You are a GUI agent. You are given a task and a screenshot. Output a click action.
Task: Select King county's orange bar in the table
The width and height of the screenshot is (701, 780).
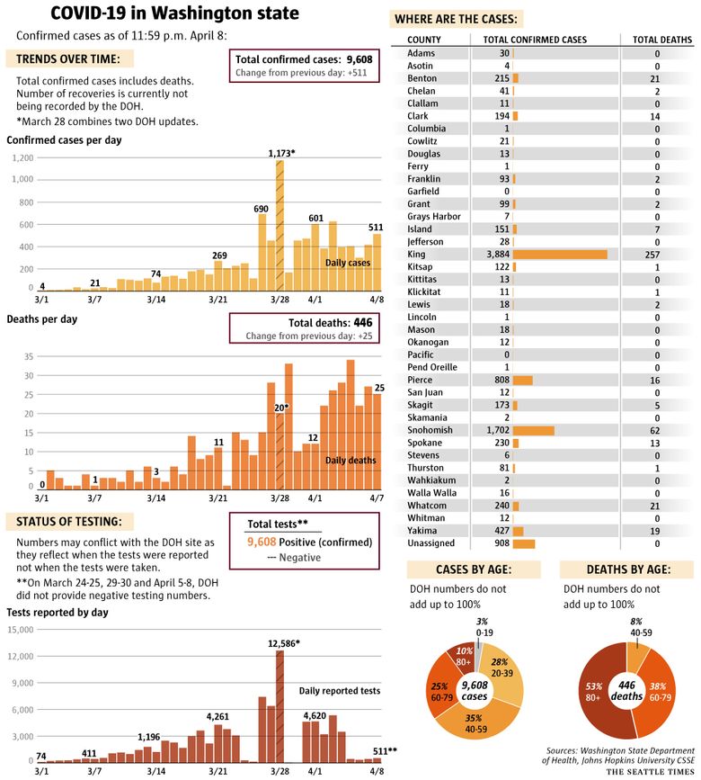point(559,255)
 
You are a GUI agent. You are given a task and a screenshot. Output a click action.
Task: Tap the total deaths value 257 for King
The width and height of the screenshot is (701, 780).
point(659,255)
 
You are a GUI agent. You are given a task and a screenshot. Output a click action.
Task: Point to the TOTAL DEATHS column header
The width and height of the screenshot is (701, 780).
point(661,40)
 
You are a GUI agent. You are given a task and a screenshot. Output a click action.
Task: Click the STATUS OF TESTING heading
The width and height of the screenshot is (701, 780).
point(70,522)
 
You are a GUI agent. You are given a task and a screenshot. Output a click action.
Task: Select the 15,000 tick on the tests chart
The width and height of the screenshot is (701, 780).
point(20,629)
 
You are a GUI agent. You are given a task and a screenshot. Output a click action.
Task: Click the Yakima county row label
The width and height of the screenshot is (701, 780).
point(422,531)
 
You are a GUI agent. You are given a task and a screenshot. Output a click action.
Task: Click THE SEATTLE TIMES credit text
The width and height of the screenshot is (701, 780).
point(648,772)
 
